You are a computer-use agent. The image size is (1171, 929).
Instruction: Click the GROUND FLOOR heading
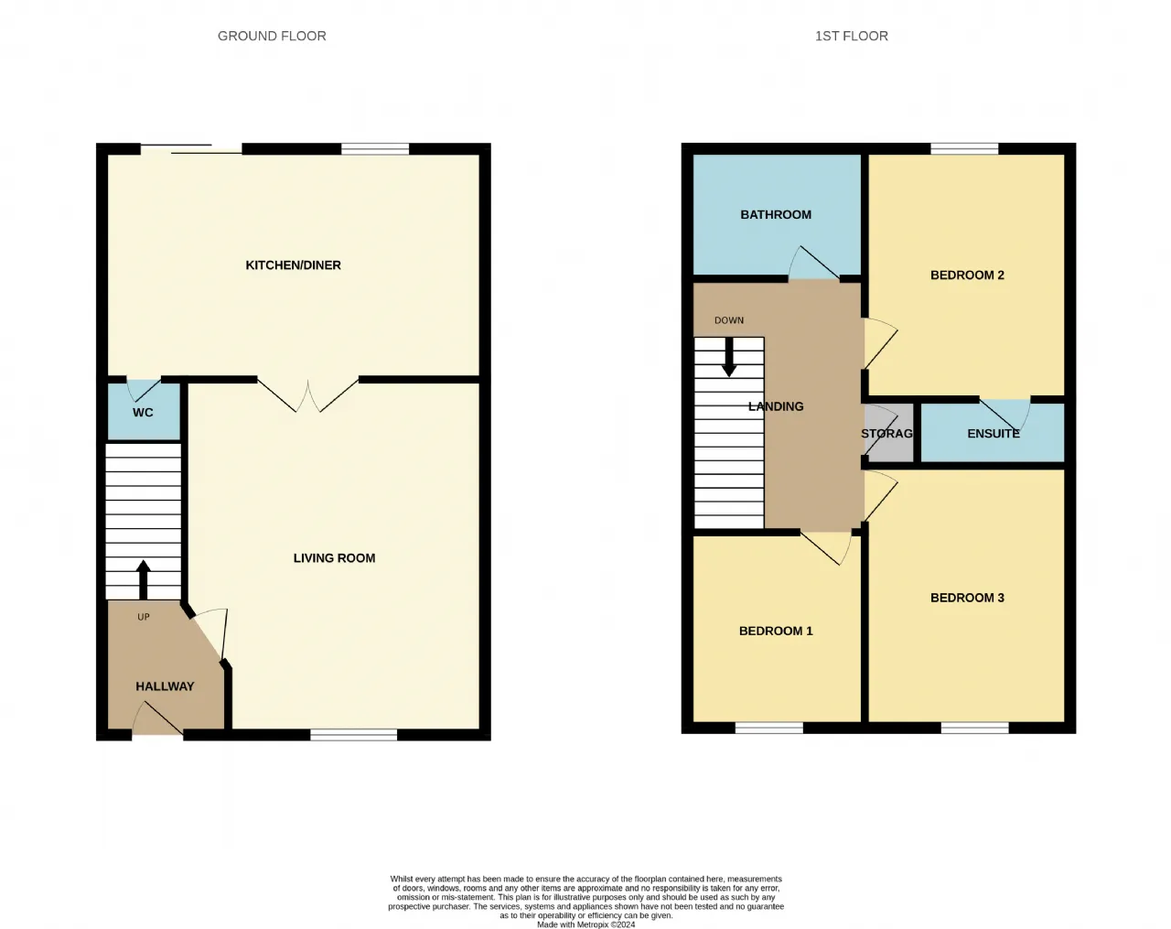(272, 36)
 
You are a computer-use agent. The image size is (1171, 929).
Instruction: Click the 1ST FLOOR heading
(852, 36)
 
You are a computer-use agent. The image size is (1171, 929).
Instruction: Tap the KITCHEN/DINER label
(294, 265)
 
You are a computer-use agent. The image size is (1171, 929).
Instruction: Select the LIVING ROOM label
(334, 558)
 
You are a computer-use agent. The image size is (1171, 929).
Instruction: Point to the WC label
(143, 413)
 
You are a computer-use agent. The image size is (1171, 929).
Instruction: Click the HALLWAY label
(165, 686)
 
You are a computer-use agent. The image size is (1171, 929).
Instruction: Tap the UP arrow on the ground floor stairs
(143, 579)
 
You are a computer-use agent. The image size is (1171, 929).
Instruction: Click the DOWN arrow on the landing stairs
(728, 357)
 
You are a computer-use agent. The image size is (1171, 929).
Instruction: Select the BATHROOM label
(776, 214)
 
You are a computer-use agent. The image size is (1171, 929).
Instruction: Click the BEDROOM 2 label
(967, 275)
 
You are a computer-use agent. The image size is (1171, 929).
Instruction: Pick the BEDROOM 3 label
(967, 598)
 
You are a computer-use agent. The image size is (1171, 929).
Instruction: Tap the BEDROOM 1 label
(776, 631)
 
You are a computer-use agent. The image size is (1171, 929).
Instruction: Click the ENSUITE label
(994, 434)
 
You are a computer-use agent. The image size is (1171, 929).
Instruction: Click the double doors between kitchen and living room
(308, 395)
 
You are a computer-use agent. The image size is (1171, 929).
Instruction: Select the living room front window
(354, 735)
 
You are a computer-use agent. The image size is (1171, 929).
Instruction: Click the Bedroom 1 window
(768, 728)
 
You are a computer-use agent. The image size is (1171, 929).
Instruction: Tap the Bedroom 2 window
(964, 148)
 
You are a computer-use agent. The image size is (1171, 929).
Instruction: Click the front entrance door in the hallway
(157, 718)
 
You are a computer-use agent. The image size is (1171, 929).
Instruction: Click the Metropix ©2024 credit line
(586, 924)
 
